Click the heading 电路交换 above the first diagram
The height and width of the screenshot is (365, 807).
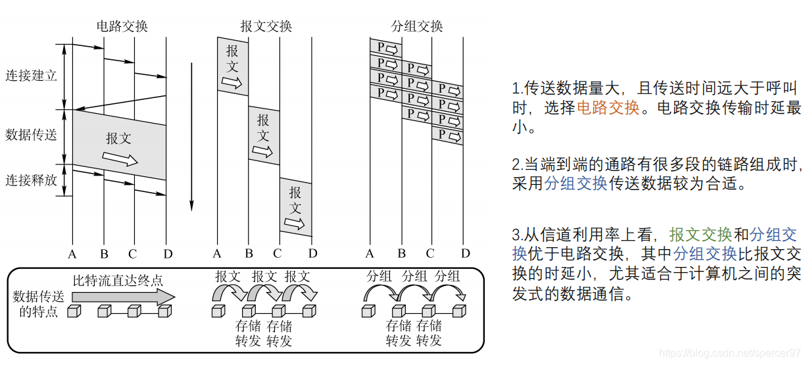pos(122,26)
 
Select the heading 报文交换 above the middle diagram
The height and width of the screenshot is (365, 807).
pos(266,26)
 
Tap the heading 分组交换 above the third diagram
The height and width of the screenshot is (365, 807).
pos(417,26)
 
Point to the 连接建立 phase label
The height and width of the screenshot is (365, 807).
pos(32,76)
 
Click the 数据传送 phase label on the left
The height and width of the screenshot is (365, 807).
pos(32,135)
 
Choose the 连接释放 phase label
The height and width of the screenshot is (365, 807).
pos(32,180)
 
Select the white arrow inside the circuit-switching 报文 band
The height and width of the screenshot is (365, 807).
pos(120,159)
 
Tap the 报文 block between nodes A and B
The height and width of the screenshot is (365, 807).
pos(233,66)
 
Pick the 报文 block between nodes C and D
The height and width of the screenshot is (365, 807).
pos(296,207)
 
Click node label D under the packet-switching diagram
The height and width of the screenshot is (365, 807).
pos(466,253)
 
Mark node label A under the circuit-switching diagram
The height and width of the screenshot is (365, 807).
pos(72,253)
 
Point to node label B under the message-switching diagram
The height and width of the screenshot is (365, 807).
pos(249,253)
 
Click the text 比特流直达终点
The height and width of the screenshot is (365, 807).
pos(118,280)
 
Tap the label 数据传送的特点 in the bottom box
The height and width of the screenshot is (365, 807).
pos(39,304)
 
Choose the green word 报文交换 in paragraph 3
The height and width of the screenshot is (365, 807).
pos(700,235)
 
